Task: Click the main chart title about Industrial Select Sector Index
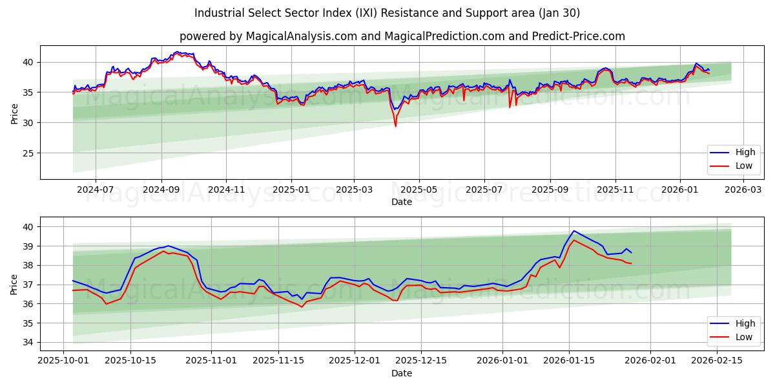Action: [x=387, y=13]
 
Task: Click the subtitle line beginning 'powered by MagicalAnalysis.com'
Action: [x=402, y=36]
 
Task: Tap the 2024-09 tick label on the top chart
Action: [x=161, y=190]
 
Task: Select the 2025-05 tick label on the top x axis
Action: [x=419, y=190]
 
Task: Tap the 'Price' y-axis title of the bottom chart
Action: [x=14, y=284]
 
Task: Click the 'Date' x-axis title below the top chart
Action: [x=402, y=202]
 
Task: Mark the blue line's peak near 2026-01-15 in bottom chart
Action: [x=573, y=231]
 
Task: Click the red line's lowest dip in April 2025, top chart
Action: [x=395, y=126]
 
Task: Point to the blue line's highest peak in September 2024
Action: [x=177, y=52]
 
